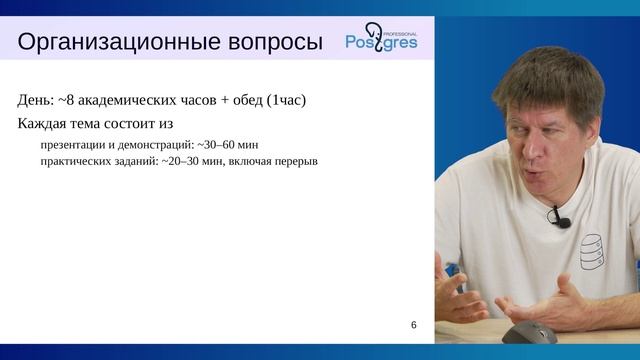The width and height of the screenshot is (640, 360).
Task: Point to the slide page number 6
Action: [x=414, y=326]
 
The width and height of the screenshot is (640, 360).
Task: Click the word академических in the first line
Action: [x=136, y=100]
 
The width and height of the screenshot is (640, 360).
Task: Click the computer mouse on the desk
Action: [x=529, y=334]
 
